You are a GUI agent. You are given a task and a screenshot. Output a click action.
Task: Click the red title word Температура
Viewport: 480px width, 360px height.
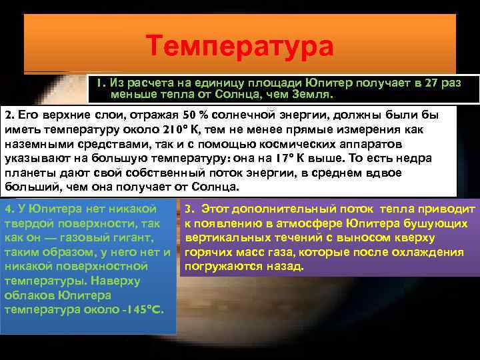[240, 47]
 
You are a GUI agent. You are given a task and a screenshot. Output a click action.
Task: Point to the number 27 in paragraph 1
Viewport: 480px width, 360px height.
[432, 83]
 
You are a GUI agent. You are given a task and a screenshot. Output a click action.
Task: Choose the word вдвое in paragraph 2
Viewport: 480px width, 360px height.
[385, 173]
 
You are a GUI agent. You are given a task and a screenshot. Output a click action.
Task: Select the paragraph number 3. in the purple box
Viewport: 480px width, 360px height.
[189, 209]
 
